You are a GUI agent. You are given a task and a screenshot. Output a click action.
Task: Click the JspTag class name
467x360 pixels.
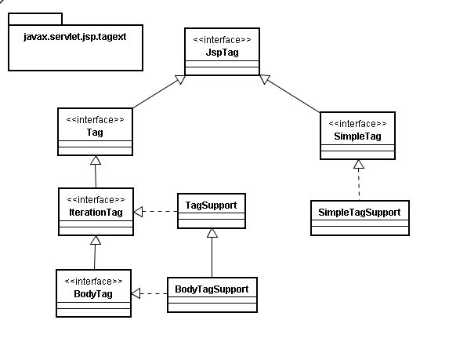tap(223, 53)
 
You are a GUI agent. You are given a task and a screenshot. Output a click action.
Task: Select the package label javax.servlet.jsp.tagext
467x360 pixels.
tap(74, 37)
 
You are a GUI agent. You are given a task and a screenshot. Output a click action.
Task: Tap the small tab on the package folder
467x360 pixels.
tap(35, 19)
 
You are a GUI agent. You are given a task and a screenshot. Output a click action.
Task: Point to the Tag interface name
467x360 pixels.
tap(95, 133)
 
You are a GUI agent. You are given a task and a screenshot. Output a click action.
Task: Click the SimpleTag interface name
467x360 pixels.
tap(358, 136)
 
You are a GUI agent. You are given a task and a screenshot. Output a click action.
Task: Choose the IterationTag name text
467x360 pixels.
tap(96, 213)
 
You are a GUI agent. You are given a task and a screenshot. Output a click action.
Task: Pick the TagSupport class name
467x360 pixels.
tap(211, 205)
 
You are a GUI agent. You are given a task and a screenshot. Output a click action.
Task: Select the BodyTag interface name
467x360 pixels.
tap(93, 294)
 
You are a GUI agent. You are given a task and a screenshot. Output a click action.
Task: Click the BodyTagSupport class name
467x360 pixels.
tap(212, 289)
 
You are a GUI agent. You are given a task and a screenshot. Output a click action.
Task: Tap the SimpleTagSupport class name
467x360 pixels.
tap(360, 213)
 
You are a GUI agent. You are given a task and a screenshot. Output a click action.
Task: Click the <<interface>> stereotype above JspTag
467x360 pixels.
tap(223, 40)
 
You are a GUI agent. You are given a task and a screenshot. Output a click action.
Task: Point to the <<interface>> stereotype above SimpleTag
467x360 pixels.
tap(358, 124)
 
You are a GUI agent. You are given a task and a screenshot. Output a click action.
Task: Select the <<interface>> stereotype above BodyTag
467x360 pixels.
tap(93, 282)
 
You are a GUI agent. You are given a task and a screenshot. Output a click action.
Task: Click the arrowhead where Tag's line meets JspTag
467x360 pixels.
tap(180, 79)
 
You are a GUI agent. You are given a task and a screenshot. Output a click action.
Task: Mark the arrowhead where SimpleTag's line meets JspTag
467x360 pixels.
tap(265, 79)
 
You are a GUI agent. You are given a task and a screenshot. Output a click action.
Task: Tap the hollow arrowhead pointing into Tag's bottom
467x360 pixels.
tap(96, 160)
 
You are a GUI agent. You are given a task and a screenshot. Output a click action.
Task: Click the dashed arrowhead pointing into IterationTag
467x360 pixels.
tap(138, 212)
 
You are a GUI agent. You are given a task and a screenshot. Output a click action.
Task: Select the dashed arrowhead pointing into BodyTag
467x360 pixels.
tap(136, 293)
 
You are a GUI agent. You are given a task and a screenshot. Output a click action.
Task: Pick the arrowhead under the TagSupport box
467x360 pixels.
tap(212, 233)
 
